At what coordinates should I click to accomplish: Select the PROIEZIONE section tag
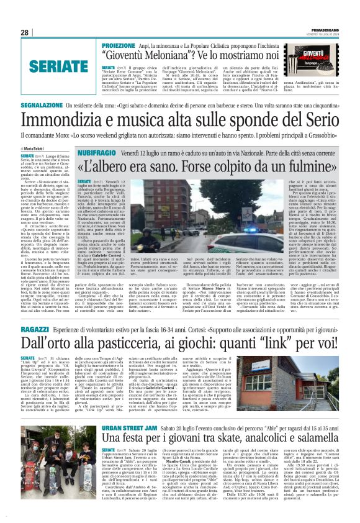tap(119, 46)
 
